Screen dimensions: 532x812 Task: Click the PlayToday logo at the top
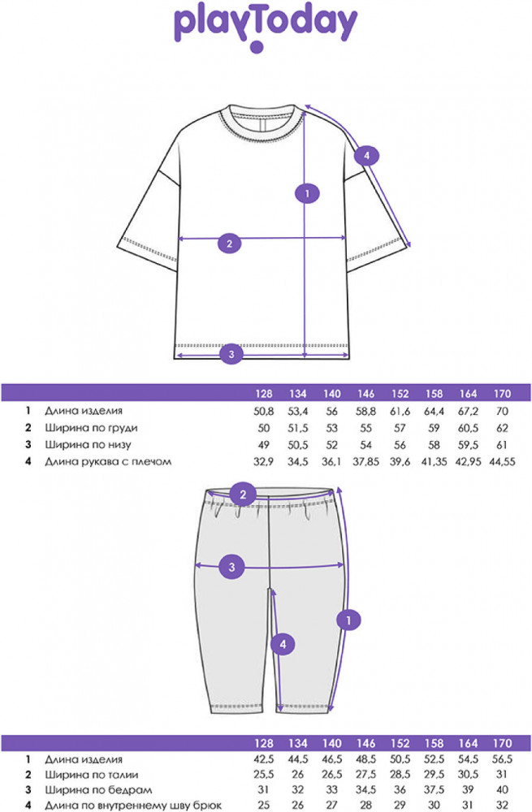[266, 28]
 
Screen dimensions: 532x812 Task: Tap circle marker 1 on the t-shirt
[307, 194]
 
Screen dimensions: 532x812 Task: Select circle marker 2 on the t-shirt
[230, 244]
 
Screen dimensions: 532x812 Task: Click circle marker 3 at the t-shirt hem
[231, 354]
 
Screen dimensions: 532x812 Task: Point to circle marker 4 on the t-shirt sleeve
[367, 155]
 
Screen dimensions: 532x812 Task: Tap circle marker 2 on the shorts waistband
[244, 495]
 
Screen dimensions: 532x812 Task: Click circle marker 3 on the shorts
[231, 567]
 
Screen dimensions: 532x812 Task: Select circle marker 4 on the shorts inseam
[283, 644]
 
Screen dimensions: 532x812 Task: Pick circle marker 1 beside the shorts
[348, 620]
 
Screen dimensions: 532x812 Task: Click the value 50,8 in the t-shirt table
[264, 411]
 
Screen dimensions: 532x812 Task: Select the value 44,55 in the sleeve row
[502, 461]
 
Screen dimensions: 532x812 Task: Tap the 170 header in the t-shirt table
[502, 394]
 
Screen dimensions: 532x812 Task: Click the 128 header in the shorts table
[264, 744]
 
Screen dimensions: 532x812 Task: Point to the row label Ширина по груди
[91, 428]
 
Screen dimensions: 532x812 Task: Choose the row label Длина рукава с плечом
[108, 461]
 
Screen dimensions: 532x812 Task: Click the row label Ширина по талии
[92, 775]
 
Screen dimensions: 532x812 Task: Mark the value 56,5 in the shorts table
[502, 759]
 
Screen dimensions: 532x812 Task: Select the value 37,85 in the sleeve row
[365, 461]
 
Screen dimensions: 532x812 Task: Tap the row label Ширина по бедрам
[98, 790]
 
